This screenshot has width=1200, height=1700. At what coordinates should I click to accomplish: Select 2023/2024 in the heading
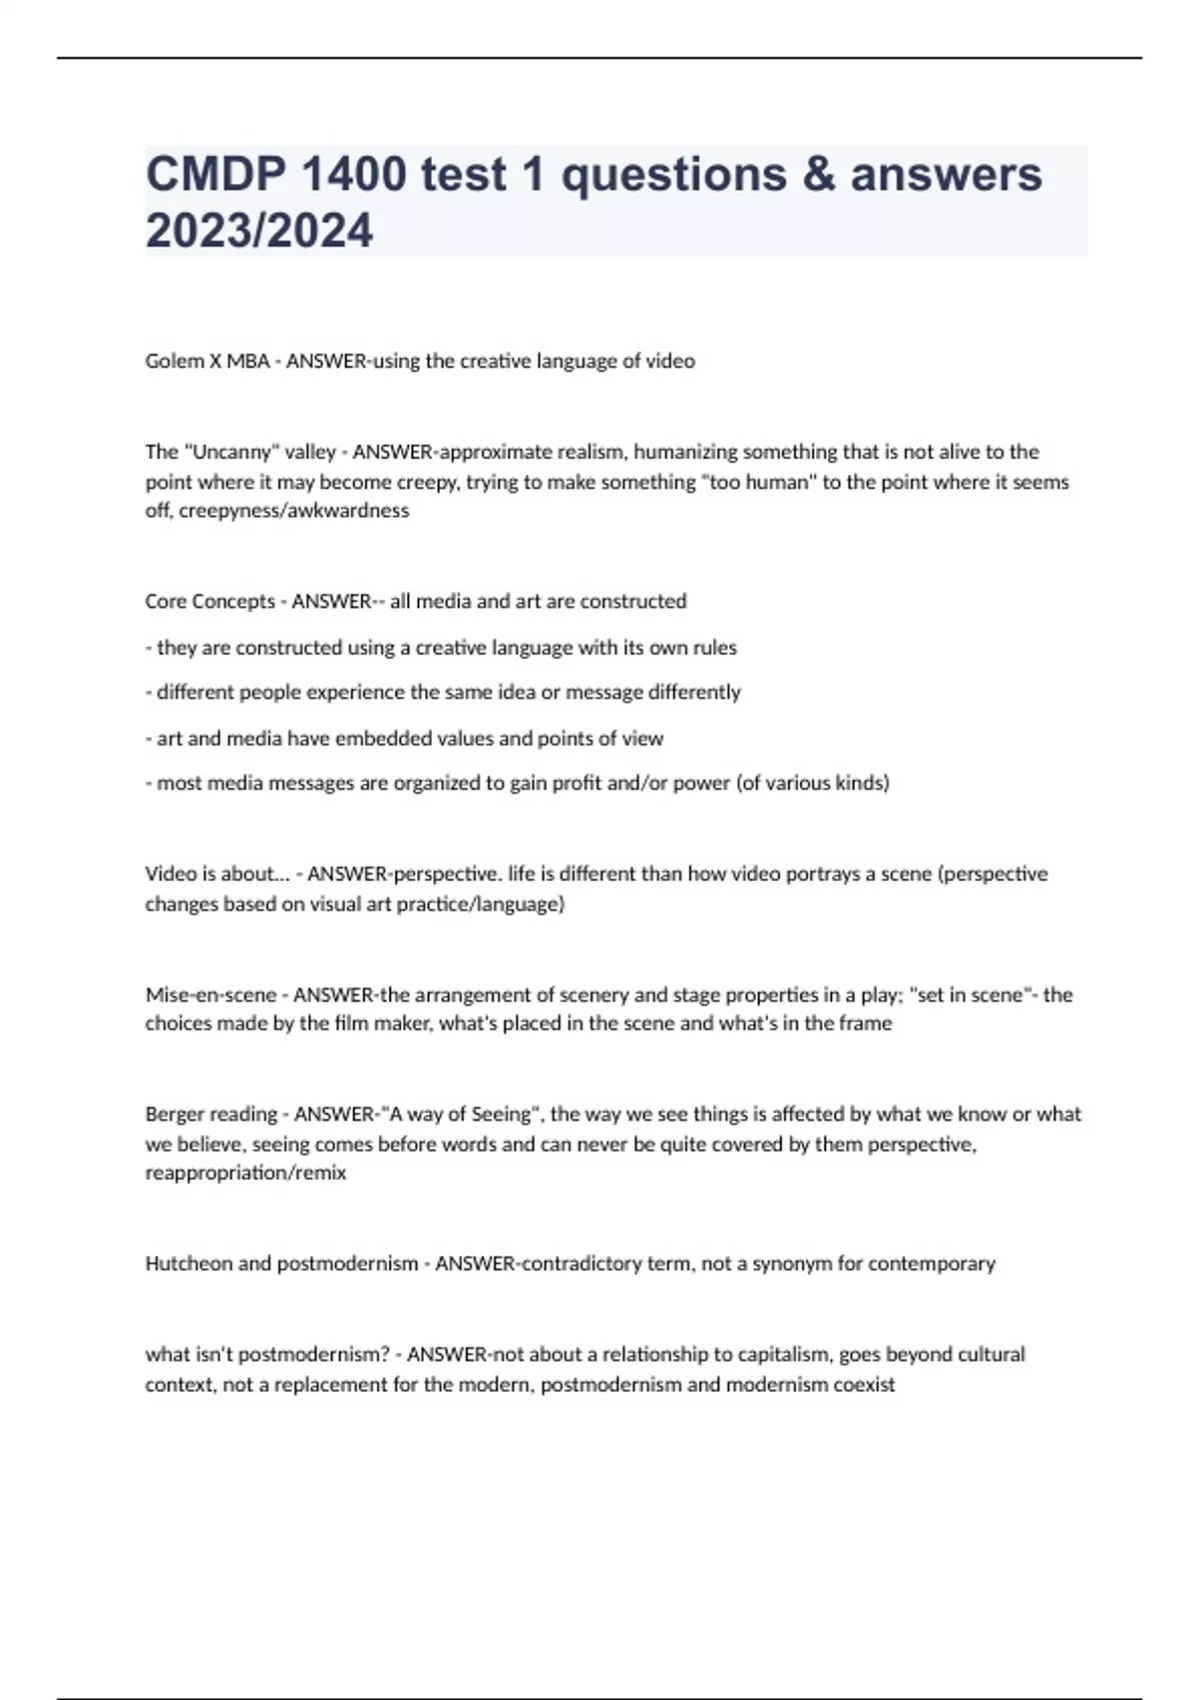pyautogui.click(x=259, y=231)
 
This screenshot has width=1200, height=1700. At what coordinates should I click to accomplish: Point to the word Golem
pyautogui.click(x=174, y=361)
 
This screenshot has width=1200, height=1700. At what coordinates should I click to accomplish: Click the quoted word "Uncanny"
pyautogui.click(x=231, y=452)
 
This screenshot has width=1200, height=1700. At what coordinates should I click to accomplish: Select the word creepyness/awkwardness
pyautogui.click(x=294, y=511)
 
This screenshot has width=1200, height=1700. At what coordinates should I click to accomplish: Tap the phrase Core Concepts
pyautogui.click(x=210, y=602)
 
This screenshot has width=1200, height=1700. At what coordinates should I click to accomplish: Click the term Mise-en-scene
pyautogui.click(x=210, y=995)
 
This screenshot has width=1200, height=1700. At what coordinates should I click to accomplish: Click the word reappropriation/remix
pyautogui.click(x=245, y=1173)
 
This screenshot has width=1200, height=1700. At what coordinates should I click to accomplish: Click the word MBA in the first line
pyautogui.click(x=248, y=361)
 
